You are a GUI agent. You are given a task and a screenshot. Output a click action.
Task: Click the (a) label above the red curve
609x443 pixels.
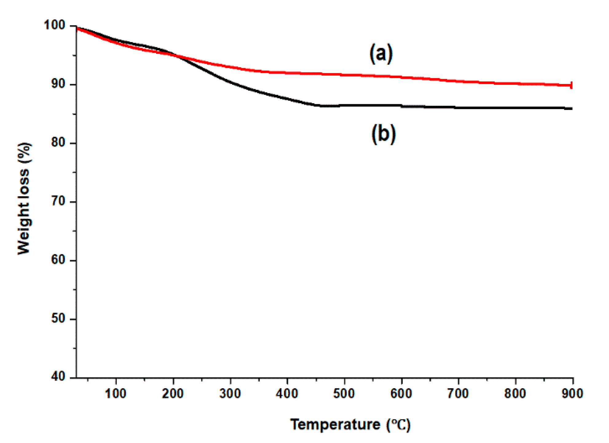(x=381, y=53)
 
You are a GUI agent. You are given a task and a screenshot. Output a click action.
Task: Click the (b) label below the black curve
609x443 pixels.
(x=383, y=134)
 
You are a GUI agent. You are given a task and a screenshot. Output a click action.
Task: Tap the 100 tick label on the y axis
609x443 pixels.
(x=54, y=25)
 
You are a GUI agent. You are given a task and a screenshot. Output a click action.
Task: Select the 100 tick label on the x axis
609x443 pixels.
(x=116, y=394)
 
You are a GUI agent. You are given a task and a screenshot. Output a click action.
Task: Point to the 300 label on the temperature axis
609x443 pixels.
(x=230, y=394)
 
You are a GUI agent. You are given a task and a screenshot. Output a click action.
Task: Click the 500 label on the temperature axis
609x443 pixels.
(x=344, y=394)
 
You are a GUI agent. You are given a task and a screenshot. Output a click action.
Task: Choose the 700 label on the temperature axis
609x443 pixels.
(x=458, y=394)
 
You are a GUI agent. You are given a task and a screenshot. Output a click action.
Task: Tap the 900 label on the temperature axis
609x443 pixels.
(x=572, y=394)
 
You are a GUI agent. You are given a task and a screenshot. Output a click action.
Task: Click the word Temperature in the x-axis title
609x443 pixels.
(x=335, y=425)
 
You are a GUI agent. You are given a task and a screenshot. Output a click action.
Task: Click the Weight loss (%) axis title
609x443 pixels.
(x=24, y=199)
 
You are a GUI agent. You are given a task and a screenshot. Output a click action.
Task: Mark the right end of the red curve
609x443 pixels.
(x=571, y=85)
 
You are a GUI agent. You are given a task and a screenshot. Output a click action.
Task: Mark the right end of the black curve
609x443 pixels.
(x=571, y=109)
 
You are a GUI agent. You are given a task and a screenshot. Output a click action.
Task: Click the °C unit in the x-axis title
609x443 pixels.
(x=399, y=425)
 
